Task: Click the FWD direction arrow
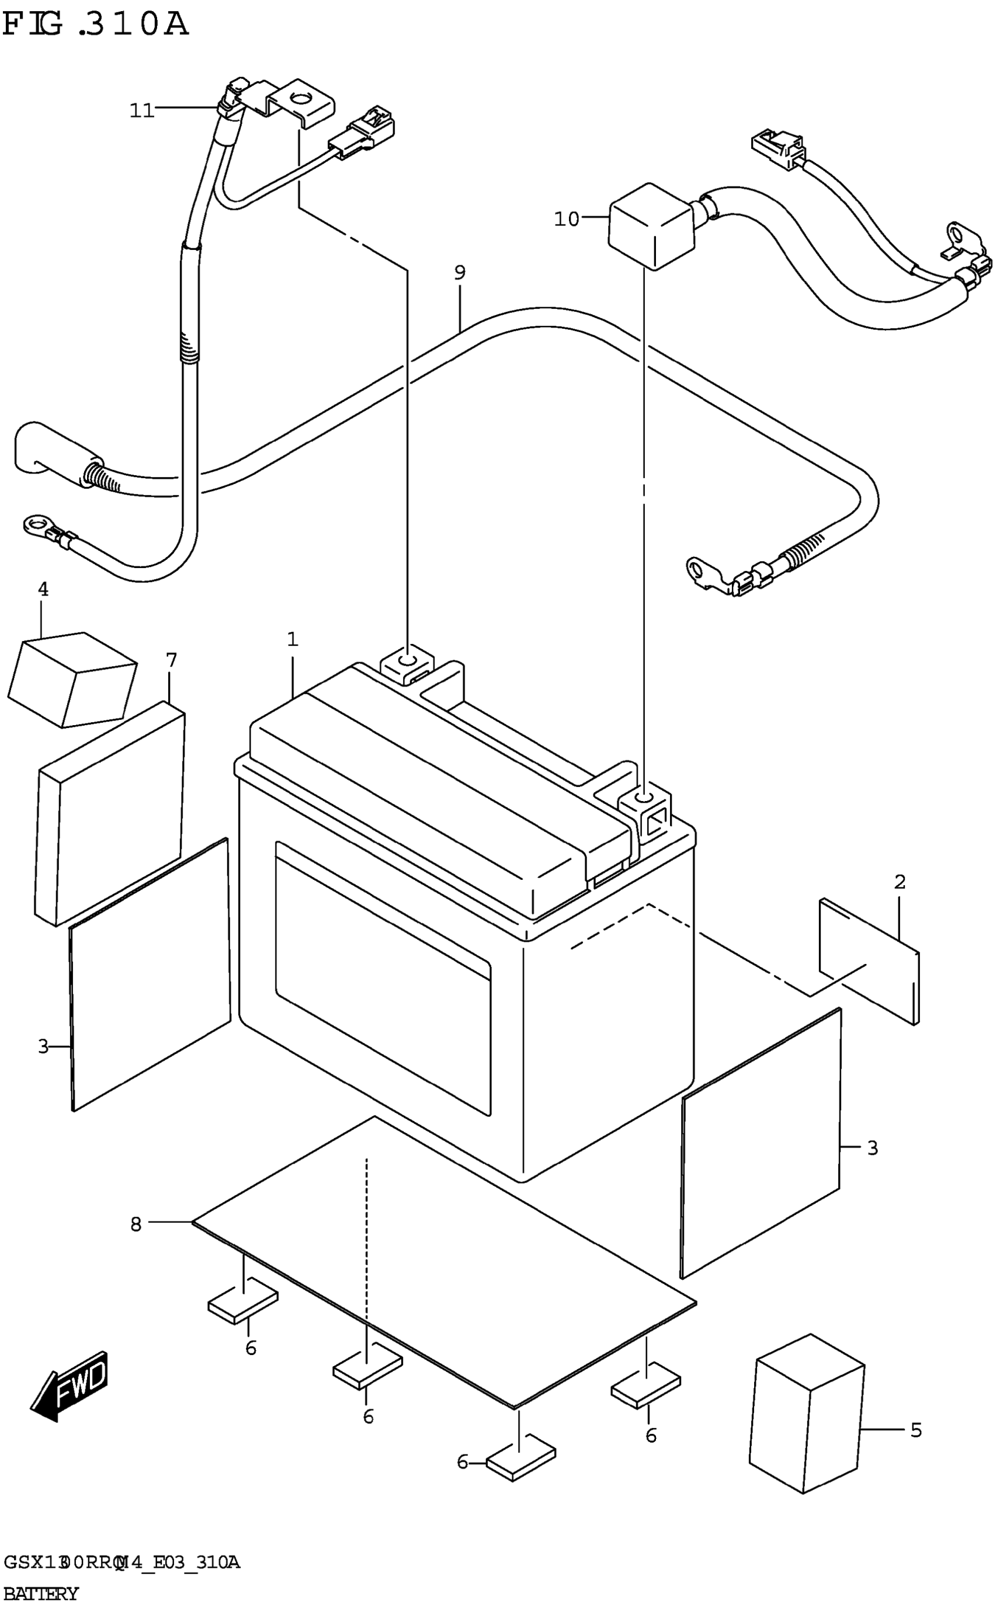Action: click(x=69, y=1385)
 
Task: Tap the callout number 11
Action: click(x=141, y=110)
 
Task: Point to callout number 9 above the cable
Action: click(x=460, y=271)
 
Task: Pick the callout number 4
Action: click(x=43, y=589)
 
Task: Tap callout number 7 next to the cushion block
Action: click(x=171, y=660)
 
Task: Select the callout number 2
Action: click(x=900, y=882)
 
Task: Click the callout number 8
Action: click(x=136, y=1224)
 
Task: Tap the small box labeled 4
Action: click(x=72, y=680)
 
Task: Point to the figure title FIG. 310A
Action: click(x=95, y=25)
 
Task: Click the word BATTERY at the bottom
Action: click(x=41, y=1593)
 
